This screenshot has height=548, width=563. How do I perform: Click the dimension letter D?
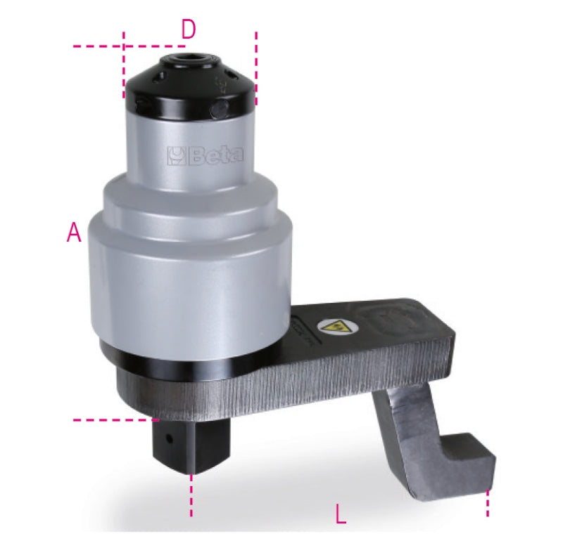pyautogui.click(x=188, y=30)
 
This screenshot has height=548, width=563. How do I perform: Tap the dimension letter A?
pyautogui.click(x=74, y=233)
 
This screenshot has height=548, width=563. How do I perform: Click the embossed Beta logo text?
pyautogui.click(x=205, y=155)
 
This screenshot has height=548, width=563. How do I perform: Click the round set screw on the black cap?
pyautogui.click(x=221, y=107)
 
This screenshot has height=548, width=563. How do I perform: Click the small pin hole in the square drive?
pyautogui.click(x=169, y=437)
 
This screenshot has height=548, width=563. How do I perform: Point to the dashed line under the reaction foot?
pyautogui.click(x=487, y=506)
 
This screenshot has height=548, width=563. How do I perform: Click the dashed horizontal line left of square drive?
pyautogui.click(x=113, y=420)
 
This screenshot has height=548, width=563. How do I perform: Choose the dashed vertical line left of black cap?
pyautogui.click(x=124, y=63)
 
